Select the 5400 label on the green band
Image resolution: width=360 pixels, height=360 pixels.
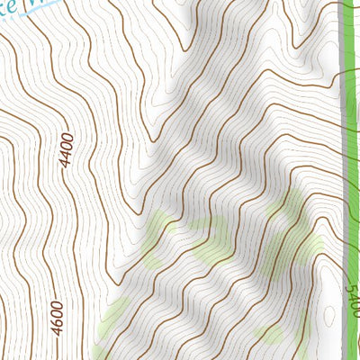pyautogui.click(x=352, y=299)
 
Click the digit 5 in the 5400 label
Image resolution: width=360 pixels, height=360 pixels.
pyautogui.click(x=352, y=310)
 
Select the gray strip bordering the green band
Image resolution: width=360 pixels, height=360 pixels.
pyautogui.click(x=344, y=180)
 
